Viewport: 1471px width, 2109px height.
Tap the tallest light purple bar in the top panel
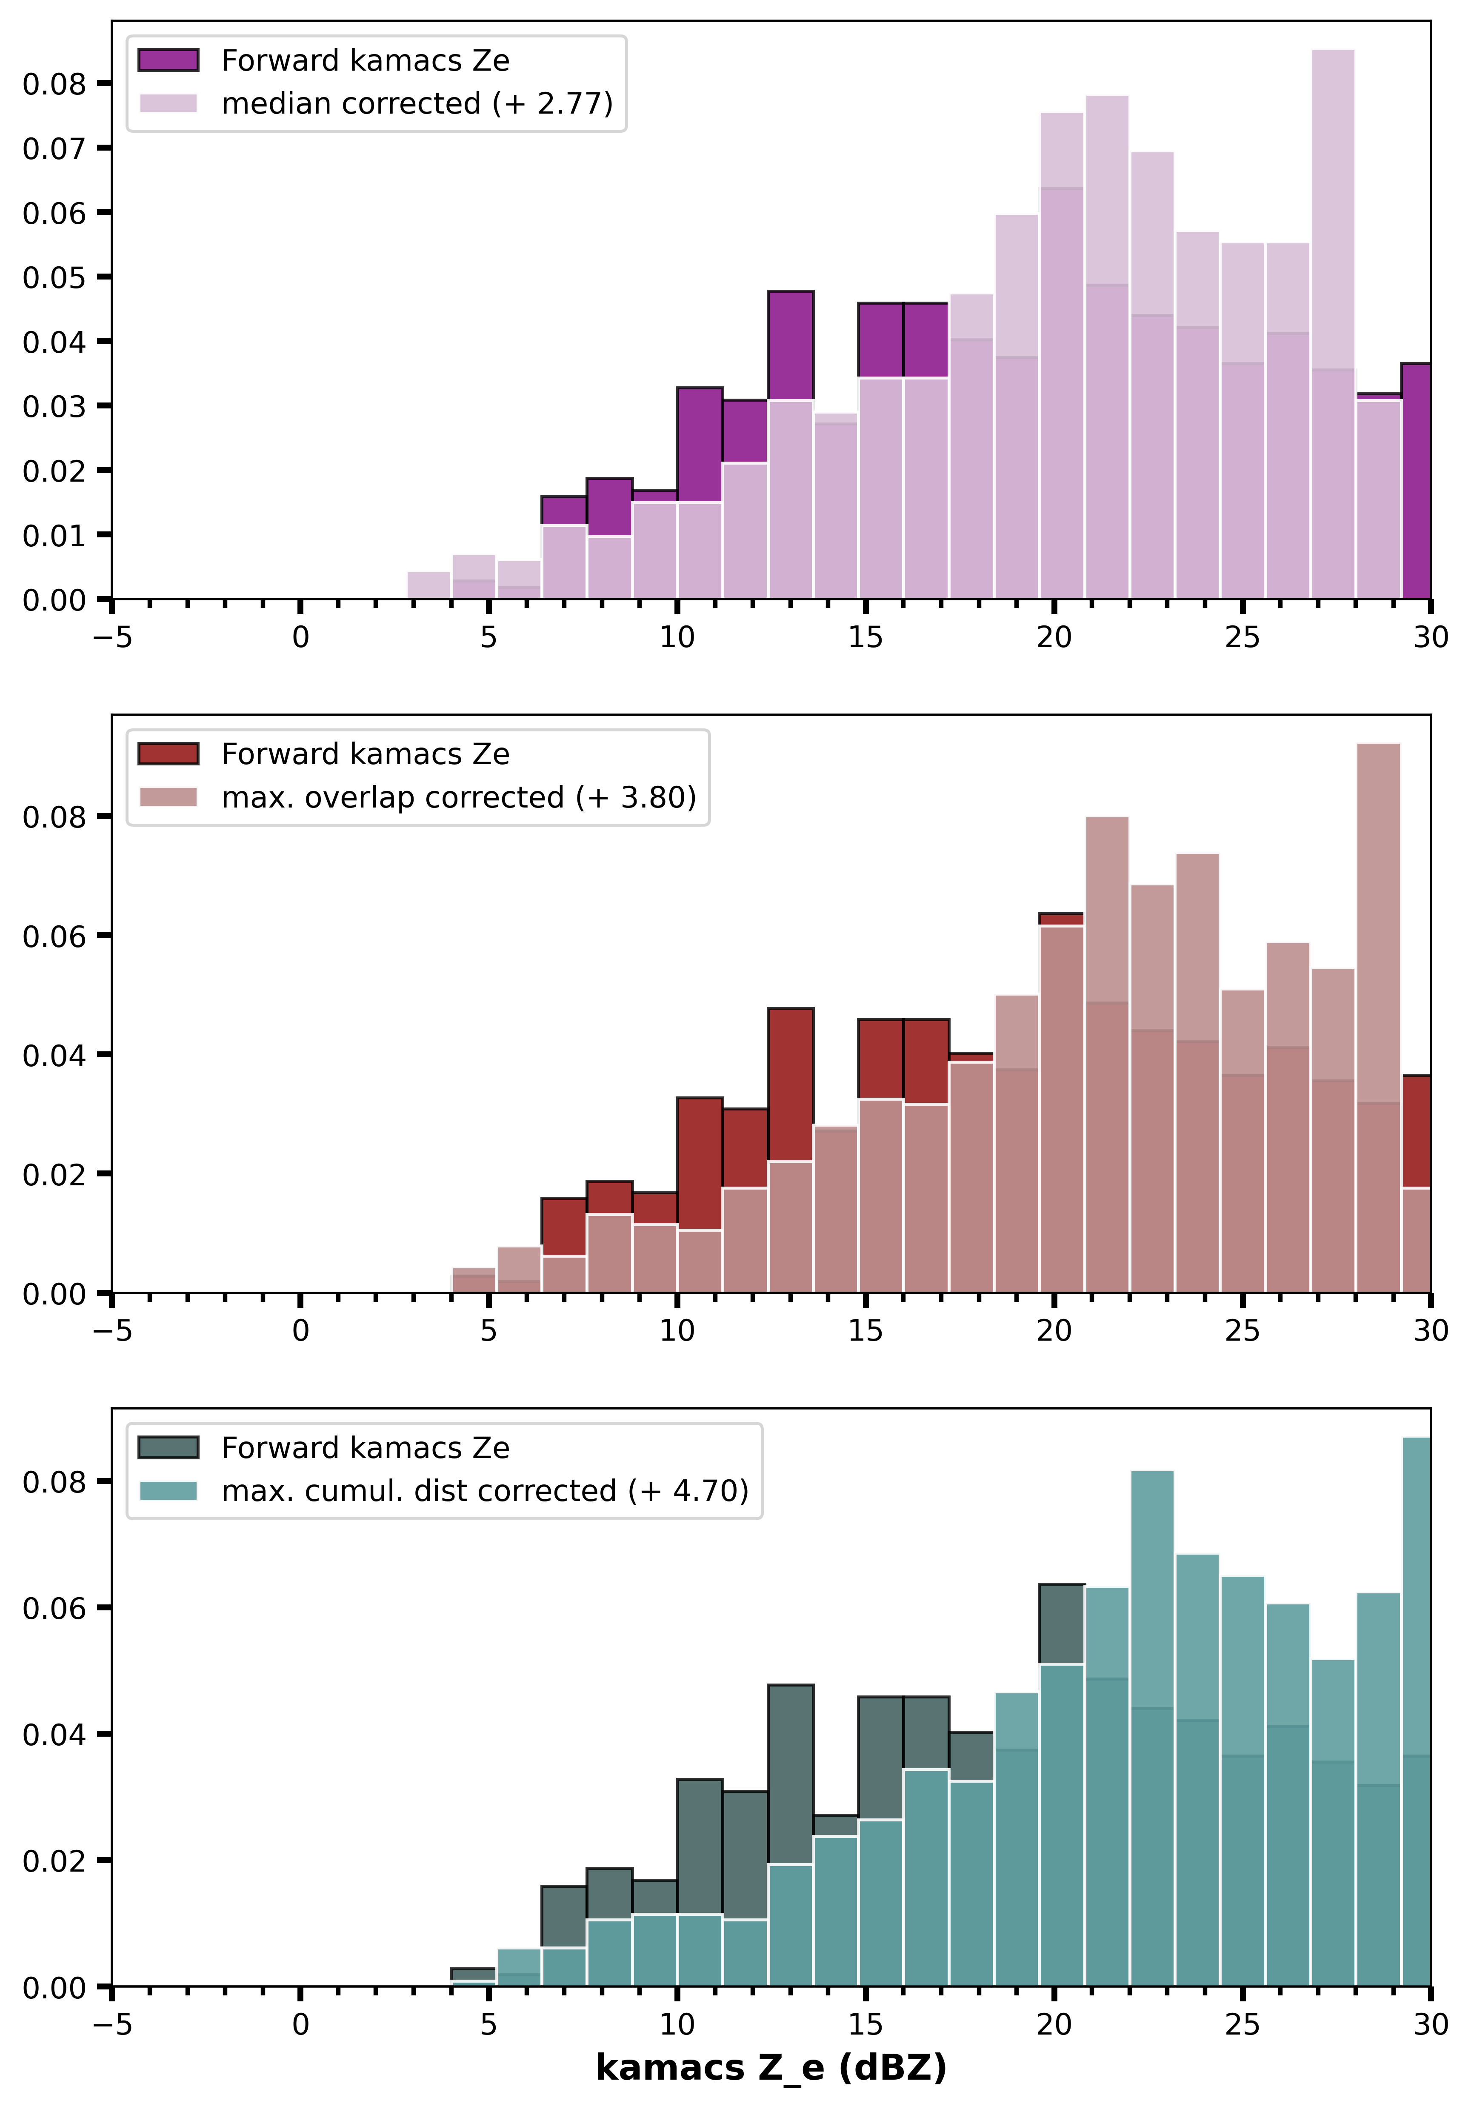[1332, 324]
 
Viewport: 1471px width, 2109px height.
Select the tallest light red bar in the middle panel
[1378, 1018]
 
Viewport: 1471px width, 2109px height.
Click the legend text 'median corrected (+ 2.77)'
[417, 103]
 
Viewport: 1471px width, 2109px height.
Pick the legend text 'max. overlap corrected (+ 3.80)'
[458, 796]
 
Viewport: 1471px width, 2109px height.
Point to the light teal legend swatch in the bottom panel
[168, 1490]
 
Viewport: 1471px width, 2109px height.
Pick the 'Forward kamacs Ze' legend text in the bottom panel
[366, 1448]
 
